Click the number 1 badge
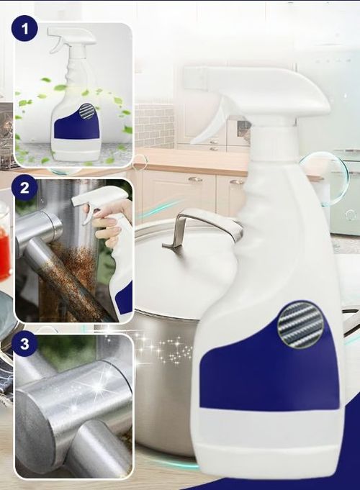[x=24, y=29]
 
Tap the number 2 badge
[x=24, y=189]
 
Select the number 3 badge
[x=24, y=343]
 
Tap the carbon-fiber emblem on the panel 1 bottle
[x=87, y=112]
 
